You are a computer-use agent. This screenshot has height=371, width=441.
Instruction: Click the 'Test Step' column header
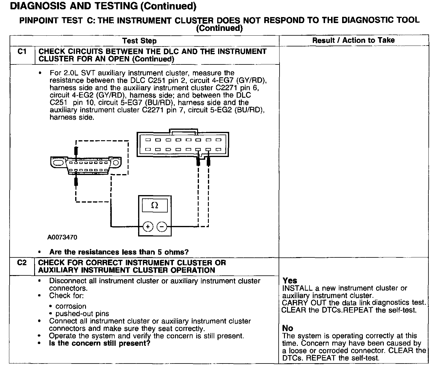(x=139, y=41)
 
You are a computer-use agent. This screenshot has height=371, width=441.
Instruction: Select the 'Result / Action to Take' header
(x=354, y=40)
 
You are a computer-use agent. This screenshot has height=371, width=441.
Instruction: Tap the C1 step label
(x=22, y=52)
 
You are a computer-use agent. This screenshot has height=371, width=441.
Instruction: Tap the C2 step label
(x=22, y=263)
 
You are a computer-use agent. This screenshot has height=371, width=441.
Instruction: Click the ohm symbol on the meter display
(x=155, y=205)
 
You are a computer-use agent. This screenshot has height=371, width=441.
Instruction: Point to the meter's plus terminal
(x=148, y=227)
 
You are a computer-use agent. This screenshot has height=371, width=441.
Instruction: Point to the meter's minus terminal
(x=162, y=227)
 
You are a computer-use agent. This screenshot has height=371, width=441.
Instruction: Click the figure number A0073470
(x=62, y=237)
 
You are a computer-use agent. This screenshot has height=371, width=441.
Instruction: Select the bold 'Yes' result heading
(x=290, y=280)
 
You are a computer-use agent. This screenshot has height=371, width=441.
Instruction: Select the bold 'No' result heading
(x=288, y=328)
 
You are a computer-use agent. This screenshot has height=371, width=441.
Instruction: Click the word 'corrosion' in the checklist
(x=71, y=306)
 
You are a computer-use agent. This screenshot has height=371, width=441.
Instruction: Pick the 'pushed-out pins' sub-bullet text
(x=82, y=314)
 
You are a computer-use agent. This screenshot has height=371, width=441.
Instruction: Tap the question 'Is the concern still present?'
(x=99, y=343)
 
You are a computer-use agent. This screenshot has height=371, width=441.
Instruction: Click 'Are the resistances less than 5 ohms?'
(x=119, y=252)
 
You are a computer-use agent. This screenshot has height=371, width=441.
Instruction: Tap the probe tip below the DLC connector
(x=76, y=181)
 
